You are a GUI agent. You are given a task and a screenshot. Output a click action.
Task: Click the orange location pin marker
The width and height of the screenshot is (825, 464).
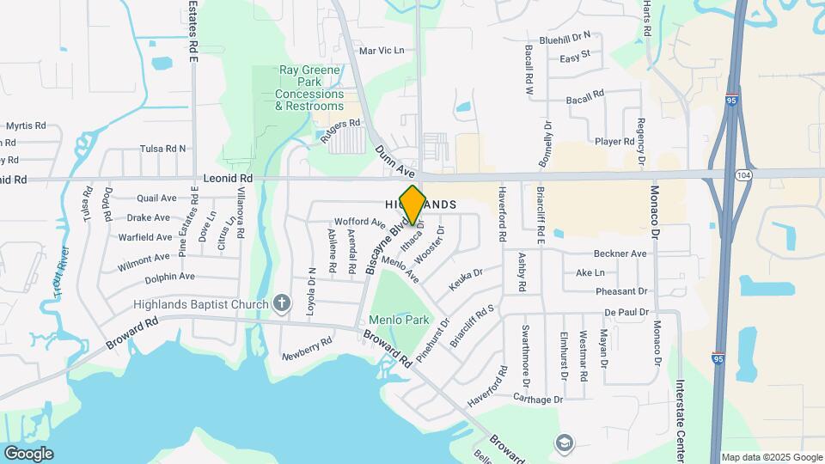click(412, 205)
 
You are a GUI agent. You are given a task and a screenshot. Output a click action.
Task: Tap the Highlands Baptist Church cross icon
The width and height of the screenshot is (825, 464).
click(281, 302)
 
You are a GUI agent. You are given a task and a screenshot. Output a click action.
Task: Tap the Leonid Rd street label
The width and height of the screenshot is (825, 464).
click(228, 178)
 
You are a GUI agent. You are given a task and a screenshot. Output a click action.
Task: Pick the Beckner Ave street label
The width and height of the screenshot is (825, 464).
click(620, 254)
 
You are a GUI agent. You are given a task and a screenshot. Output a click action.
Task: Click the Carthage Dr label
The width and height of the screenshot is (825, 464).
click(537, 399)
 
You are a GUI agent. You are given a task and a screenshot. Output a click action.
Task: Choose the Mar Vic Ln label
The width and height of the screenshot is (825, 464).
click(381, 51)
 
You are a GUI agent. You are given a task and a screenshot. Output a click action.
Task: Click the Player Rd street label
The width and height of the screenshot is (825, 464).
click(614, 141)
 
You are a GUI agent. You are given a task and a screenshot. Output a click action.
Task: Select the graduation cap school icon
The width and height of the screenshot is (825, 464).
click(565, 443)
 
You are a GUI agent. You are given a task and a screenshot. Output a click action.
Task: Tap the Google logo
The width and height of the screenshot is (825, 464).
click(28, 453)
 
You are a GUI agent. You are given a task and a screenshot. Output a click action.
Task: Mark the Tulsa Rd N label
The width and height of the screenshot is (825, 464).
click(162, 148)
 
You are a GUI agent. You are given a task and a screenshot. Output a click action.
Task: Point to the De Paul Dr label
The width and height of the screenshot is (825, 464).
click(626, 312)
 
